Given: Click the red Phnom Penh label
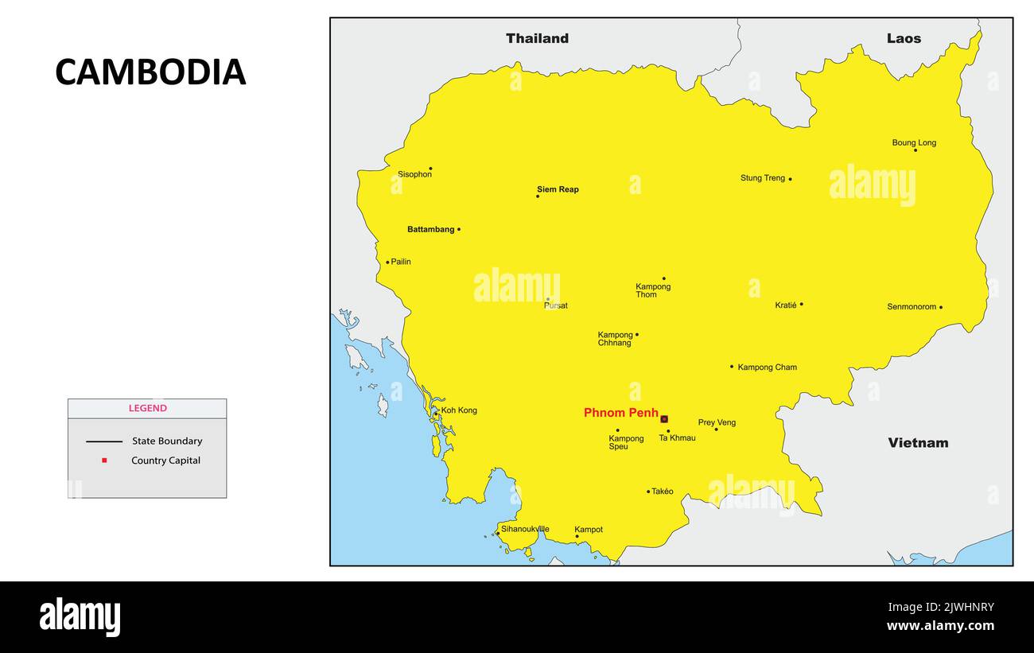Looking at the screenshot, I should [x=620, y=413].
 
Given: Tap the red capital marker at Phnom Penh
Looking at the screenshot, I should [x=664, y=419].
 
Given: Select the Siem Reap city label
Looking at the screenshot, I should [x=558, y=189].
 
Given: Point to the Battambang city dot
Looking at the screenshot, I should [x=459, y=229].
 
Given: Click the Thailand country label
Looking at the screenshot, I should [x=537, y=38].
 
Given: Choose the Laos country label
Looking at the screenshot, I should [x=904, y=38].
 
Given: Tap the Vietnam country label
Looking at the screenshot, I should [x=918, y=443].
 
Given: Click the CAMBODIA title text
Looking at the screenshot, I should [x=150, y=72].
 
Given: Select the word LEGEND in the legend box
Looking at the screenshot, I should [x=148, y=408].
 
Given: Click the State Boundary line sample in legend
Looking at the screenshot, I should [x=104, y=441].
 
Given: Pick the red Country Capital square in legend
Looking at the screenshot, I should [x=104, y=461].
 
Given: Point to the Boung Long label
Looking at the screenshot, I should [x=914, y=143].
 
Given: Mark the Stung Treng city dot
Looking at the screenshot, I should [x=790, y=179].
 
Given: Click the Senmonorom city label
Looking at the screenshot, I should [x=912, y=307].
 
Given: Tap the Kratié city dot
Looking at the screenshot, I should [x=801, y=304].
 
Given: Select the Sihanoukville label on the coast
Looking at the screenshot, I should [x=525, y=529].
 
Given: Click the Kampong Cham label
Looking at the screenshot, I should [x=767, y=367].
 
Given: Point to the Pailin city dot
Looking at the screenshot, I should [x=387, y=262].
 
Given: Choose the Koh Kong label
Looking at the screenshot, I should [x=459, y=410].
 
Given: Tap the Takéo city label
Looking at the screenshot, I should [x=662, y=492].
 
